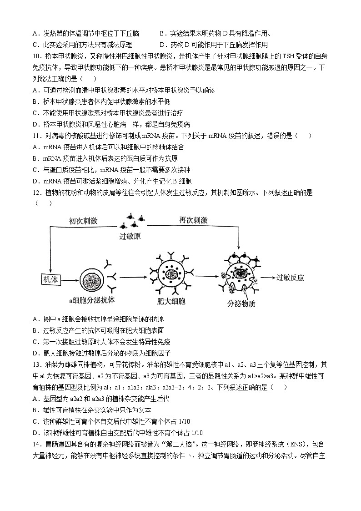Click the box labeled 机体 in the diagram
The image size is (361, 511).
pyautogui.click(x=50, y=279)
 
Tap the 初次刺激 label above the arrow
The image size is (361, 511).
pyautogui.click(x=83, y=220)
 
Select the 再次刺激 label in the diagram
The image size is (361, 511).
pyautogui.click(x=193, y=220)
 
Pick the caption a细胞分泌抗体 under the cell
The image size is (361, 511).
pyautogui.click(x=92, y=300)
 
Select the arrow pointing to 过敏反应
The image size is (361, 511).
pyautogui.click(x=266, y=278)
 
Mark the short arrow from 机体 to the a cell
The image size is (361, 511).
pyautogui.click(x=70, y=279)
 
